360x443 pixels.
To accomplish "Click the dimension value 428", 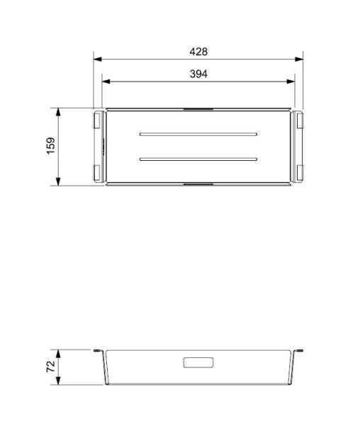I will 198,52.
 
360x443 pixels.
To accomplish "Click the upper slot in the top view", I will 198,133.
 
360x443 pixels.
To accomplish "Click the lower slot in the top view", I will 198,159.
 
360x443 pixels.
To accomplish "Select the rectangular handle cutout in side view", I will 198,363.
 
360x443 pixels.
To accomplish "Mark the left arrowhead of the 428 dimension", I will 97,60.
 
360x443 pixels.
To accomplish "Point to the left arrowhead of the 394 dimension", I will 106,82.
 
